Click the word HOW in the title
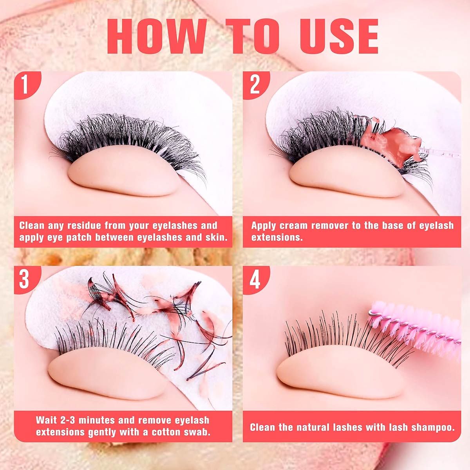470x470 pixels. (157, 36)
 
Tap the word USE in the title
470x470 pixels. (340, 36)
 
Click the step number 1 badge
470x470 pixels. (26, 85)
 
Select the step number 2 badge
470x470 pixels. (255, 85)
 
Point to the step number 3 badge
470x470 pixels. (26, 280)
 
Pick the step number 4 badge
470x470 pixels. (255, 280)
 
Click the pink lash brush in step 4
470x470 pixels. (415, 328)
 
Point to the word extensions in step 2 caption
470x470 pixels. (277, 238)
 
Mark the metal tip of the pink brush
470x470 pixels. (371, 313)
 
